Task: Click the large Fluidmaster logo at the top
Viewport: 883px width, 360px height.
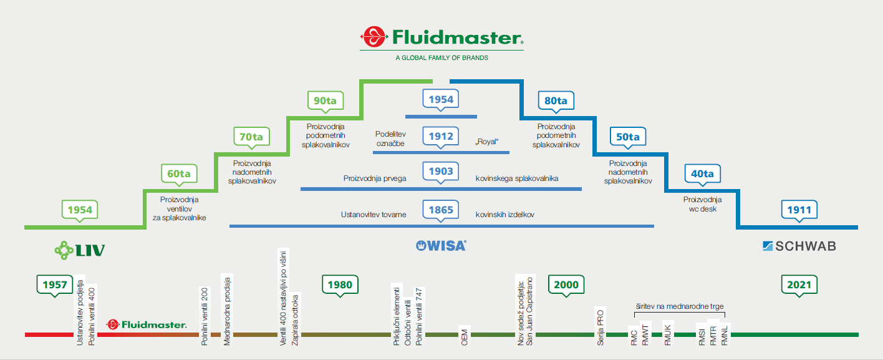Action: [x=442, y=38]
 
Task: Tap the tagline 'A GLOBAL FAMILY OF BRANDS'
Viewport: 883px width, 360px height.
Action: [x=442, y=58]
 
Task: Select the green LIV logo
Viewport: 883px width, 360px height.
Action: [x=79, y=250]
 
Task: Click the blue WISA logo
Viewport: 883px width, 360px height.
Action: [x=441, y=245]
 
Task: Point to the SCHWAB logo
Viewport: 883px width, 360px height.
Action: [x=799, y=246]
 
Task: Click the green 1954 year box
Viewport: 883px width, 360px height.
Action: [x=80, y=210]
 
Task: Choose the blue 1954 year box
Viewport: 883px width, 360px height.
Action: [x=441, y=99]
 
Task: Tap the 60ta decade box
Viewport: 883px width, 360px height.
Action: [x=179, y=173]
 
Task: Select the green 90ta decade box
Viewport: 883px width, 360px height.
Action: [x=326, y=100]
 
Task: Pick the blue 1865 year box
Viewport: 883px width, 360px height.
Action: [x=441, y=210]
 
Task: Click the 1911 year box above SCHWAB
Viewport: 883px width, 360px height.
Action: [x=799, y=210]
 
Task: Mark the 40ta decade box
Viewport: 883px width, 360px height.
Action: [x=702, y=173]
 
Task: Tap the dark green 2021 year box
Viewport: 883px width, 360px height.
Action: [x=799, y=285]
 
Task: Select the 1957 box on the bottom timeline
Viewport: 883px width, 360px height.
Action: [x=55, y=285]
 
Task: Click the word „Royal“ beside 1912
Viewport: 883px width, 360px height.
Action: [x=487, y=142]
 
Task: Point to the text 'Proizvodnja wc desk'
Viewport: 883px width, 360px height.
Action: [x=702, y=204]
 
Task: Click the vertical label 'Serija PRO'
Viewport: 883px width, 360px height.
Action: [x=601, y=324]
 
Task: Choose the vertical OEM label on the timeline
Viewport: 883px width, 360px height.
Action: [x=464, y=335]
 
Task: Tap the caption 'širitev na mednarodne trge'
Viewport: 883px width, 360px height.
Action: [x=680, y=306]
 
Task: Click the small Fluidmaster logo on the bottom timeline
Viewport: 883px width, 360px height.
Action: [x=147, y=324]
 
